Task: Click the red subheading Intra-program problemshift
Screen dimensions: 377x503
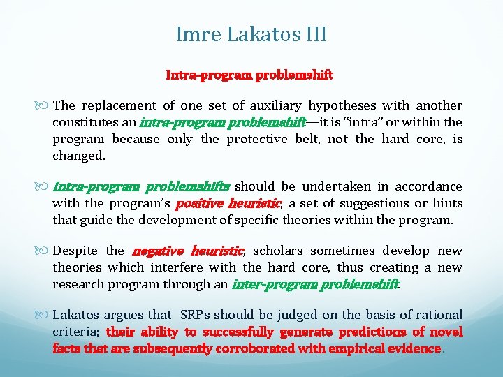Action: [249, 74]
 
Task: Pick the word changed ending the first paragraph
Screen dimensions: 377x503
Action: [78, 156]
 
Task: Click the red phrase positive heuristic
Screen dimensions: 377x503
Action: [228, 203]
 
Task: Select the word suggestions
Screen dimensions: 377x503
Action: [355, 203]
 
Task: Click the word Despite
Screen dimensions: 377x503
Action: [75, 251]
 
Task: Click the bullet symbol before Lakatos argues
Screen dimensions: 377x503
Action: [45, 316]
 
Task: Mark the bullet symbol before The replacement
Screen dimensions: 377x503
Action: [45, 106]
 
